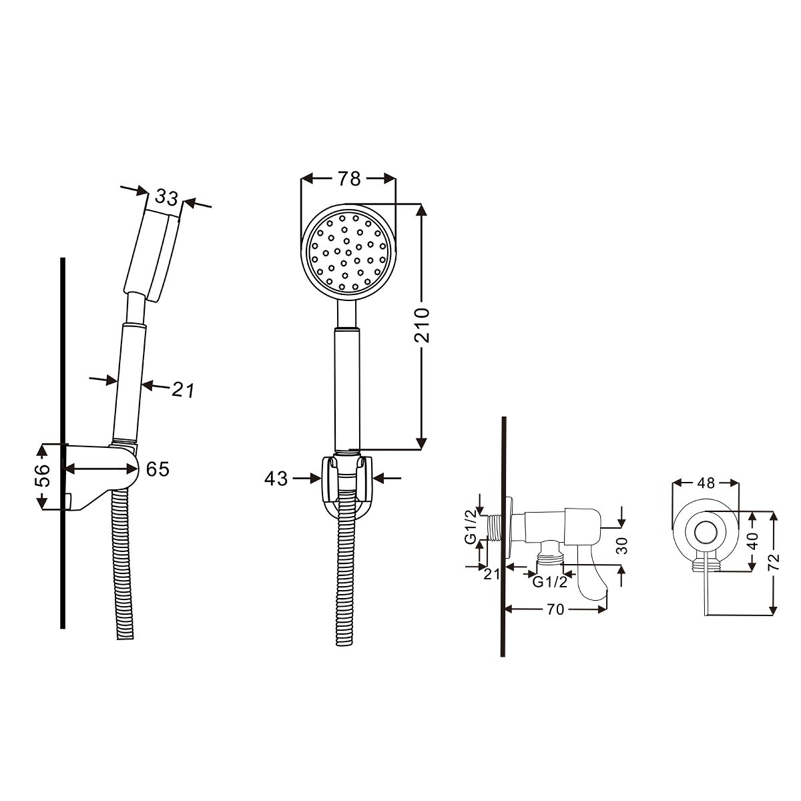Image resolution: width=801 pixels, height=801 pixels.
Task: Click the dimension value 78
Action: pyautogui.click(x=348, y=179)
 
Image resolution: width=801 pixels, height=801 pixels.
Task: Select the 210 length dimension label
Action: pyautogui.click(x=421, y=325)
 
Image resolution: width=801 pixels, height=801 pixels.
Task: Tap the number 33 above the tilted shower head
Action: pyautogui.click(x=166, y=198)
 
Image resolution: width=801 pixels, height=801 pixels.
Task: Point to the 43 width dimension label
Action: pyautogui.click(x=276, y=479)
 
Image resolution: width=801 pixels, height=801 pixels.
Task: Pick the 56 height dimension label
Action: pyautogui.click(x=42, y=475)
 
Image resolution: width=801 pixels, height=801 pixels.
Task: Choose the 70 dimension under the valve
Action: pyautogui.click(x=555, y=609)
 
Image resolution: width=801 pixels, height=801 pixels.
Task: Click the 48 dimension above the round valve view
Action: pyautogui.click(x=706, y=483)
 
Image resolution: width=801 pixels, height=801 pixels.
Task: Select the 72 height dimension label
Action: pyautogui.click(x=774, y=563)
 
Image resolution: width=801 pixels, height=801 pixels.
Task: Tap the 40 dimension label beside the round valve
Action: pyautogui.click(x=753, y=541)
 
